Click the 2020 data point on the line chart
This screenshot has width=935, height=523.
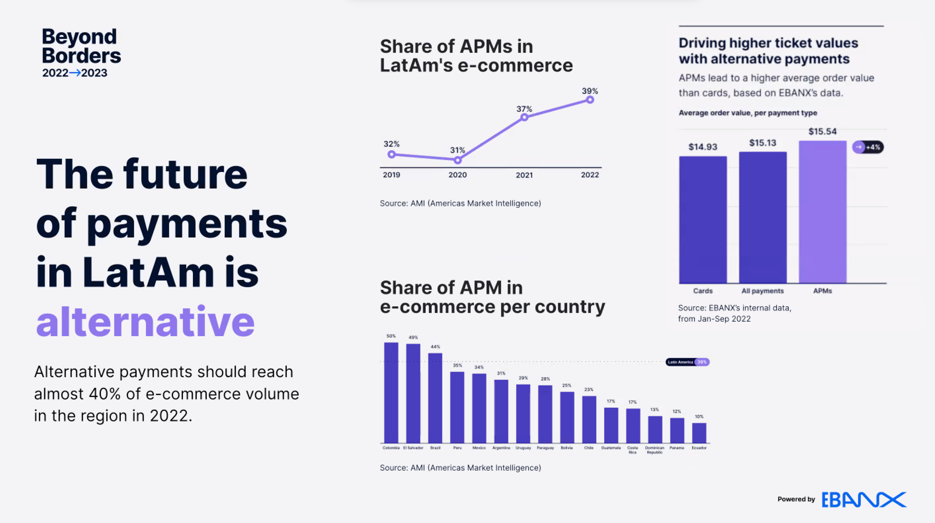pyautogui.click(x=458, y=160)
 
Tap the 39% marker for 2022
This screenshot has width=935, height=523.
pyautogui.click(x=590, y=100)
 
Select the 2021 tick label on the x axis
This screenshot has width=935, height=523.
pyautogui.click(x=524, y=175)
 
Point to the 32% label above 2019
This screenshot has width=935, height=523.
pyautogui.click(x=391, y=144)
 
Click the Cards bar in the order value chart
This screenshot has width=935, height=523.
pyautogui.click(x=703, y=220)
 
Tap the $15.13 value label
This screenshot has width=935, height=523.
pyautogui.click(x=763, y=143)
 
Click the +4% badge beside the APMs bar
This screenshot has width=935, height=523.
pyautogui.click(x=868, y=147)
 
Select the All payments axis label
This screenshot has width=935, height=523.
pyautogui.click(x=763, y=291)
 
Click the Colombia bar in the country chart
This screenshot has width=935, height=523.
pyautogui.click(x=391, y=392)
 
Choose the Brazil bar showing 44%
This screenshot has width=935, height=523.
pyautogui.click(x=435, y=398)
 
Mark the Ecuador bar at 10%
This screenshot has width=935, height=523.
pyautogui.click(x=699, y=433)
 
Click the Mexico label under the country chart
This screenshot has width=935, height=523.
pyautogui.click(x=479, y=448)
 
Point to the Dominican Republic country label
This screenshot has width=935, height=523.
pyautogui.click(x=655, y=450)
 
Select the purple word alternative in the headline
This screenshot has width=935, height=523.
pyautogui.click(x=145, y=321)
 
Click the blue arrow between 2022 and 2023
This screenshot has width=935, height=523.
pyautogui.click(x=75, y=73)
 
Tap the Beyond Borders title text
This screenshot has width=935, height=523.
pyautogui.click(x=81, y=46)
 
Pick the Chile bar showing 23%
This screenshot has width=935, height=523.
pyautogui.click(x=589, y=419)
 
